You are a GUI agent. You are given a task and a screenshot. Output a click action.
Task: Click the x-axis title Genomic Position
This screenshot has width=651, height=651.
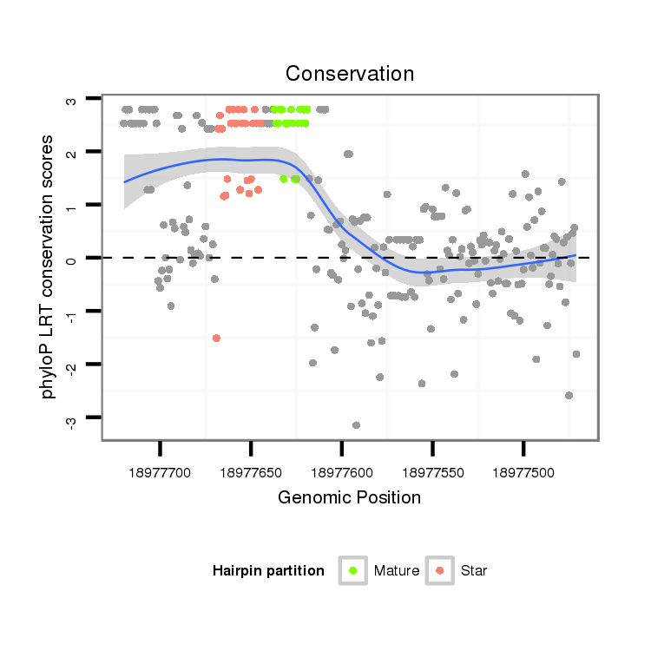pyautogui.click(x=349, y=497)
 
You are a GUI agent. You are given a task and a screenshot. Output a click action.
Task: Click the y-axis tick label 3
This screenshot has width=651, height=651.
pyautogui.click(x=71, y=100)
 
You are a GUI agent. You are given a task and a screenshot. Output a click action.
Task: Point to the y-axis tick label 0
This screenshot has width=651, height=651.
pyautogui.click(x=71, y=259)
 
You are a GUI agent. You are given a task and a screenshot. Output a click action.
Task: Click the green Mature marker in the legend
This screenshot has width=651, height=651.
pyautogui.click(x=353, y=570)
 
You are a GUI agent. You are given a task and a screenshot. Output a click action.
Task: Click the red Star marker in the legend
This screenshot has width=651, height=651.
pyautogui.click(x=440, y=570)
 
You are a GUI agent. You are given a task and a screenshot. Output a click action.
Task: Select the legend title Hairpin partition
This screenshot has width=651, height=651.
pyautogui.click(x=268, y=571)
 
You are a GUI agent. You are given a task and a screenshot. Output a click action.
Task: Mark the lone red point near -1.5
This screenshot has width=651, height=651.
pyautogui.click(x=216, y=338)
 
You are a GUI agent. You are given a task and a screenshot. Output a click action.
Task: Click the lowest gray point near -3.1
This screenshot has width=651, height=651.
pyautogui.click(x=356, y=424)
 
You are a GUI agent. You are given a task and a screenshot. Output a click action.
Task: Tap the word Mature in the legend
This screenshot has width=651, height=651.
pyautogui.click(x=397, y=571)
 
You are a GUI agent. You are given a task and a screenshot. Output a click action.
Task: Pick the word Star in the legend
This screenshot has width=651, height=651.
pyautogui.click(x=474, y=571)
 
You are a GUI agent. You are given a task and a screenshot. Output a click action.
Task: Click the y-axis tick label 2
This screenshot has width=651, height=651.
pyautogui.click(x=71, y=153)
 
